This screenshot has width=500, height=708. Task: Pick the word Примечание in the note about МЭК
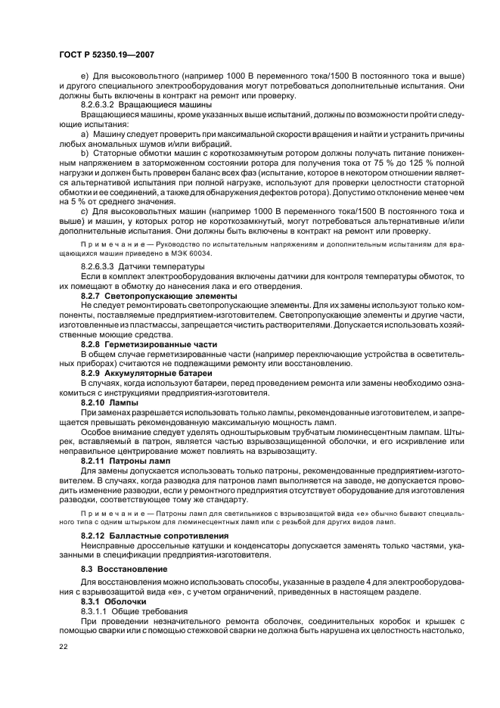tap(108, 245)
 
